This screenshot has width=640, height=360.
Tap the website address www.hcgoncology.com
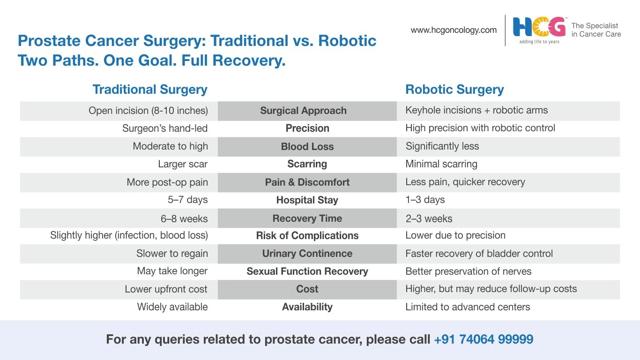point(454,30)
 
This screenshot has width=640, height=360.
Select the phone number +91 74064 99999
point(484,339)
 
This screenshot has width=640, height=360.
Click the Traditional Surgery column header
point(150,89)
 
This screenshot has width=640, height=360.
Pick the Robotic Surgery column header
point(454,89)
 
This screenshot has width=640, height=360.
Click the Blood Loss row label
point(307,146)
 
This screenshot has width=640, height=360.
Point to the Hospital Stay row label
point(307,200)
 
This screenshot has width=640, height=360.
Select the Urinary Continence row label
point(307,253)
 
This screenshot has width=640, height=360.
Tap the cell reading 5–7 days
point(188,200)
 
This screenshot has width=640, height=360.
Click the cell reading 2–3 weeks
point(429,218)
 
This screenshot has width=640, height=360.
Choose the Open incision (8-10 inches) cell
point(148,111)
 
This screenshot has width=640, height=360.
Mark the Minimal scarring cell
point(441,164)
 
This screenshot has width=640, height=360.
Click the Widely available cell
point(172,307)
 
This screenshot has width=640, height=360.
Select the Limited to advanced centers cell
point(468,307)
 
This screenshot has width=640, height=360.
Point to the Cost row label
point(307,289)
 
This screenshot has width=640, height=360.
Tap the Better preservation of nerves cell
point(468,271)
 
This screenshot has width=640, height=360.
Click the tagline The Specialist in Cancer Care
point(596,30)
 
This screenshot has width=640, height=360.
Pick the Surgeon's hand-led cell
point(165,128)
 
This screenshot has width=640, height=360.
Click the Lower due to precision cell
point(455,235)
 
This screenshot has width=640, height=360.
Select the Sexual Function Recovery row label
point(307,271)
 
